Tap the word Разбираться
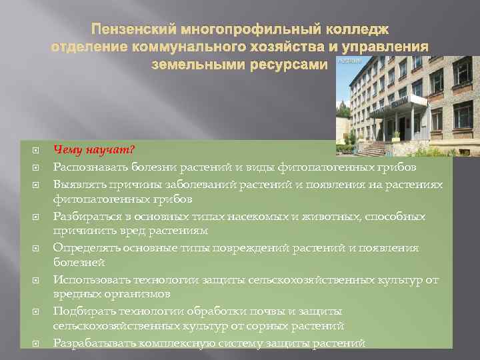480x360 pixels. (x=85, y=217)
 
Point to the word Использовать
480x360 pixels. (x=88, y=279)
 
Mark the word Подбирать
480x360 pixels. (x=81, y=311)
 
